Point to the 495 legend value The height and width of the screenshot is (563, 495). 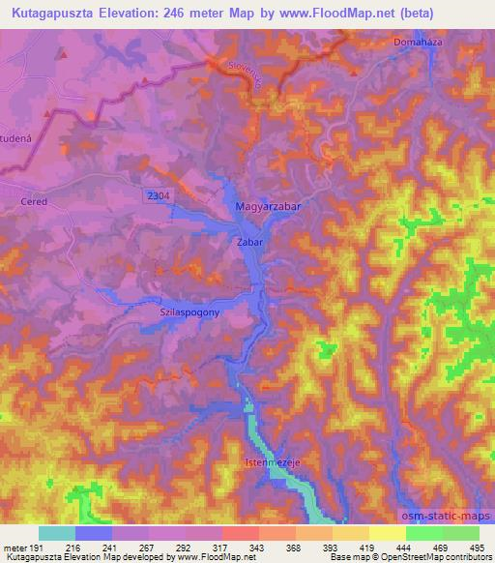tap(478, 548)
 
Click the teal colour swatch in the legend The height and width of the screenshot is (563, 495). tap(57, 533)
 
